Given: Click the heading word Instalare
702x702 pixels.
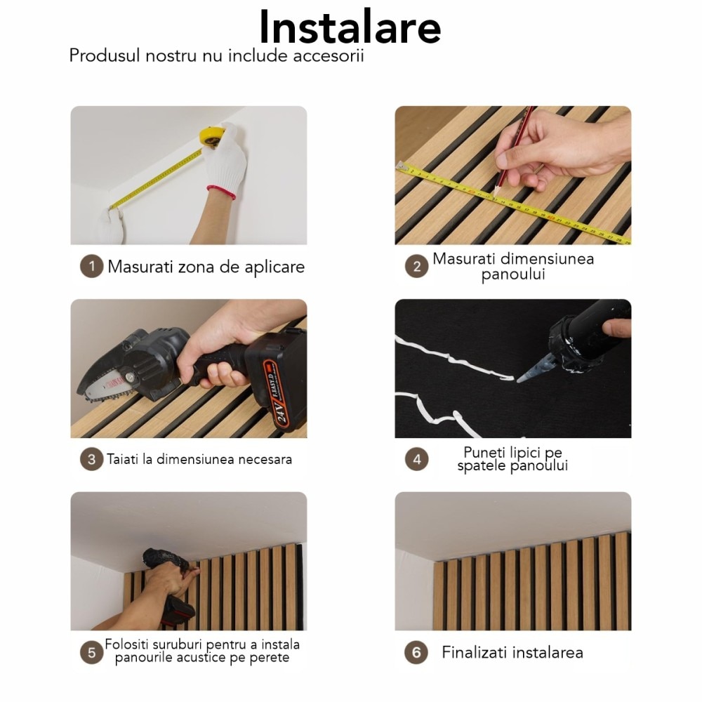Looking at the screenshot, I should click(350, 28).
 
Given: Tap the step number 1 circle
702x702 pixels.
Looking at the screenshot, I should click(91, 267).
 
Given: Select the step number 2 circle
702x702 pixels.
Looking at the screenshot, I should click(416, 267).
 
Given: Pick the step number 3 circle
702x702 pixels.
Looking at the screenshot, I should click(91, 460).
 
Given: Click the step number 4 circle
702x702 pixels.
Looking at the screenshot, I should click(416, 460).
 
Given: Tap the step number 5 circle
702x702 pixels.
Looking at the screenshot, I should click(91, 652).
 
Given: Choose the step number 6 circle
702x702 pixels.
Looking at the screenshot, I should click(416, 652).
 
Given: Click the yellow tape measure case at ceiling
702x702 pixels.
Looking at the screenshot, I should click(210, 135).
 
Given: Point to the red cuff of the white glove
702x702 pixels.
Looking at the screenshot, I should click(220, 192).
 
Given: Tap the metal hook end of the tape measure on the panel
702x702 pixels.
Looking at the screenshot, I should click(402, 166).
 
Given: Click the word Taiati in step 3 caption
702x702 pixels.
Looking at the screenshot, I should click(123, 460).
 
